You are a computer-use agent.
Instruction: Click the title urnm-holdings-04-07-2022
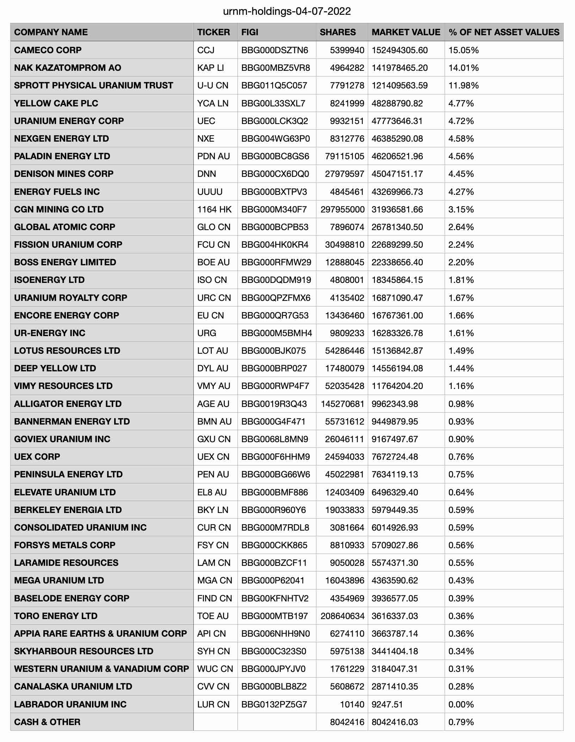[x=287, y=12]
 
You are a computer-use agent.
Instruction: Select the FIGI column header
[x=250, y=32]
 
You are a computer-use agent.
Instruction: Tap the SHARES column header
[x=338, y=32]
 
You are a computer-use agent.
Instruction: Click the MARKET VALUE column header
[x=406, y=32]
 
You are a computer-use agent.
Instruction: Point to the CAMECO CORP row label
[x=48, y=50]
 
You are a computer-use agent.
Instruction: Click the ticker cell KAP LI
[x=210, y=68]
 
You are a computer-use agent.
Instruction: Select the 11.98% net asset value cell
[x=463, y=85]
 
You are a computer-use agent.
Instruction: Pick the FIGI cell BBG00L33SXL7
[x=273, y=103]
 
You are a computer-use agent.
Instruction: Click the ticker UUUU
[x=210, y=192]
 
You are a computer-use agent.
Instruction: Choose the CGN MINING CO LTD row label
[x=59, y=209]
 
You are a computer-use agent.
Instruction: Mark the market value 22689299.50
[x=397, y=245]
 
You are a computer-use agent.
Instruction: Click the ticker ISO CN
[x=212, y=280]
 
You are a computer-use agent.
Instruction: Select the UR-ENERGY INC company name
[x=50, y=333]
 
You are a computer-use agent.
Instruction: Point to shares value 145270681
[x=342, y=404]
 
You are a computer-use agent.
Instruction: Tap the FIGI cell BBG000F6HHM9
[x=276, y=457]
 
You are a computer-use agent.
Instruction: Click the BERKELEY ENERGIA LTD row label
[x=68, y=510]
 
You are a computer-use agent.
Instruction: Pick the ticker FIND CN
[x=215, y=598]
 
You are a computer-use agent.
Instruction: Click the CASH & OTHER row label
[x=47, y=722]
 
